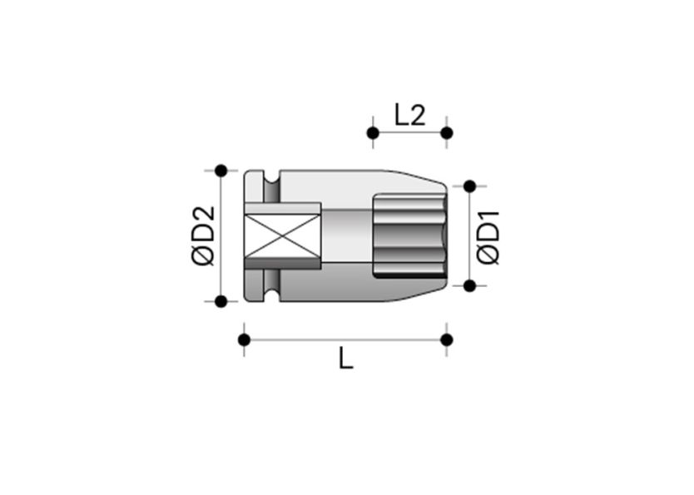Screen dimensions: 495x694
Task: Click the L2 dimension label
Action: click(x=409, y=114)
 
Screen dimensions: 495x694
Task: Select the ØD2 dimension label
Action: click(x=203, y=235)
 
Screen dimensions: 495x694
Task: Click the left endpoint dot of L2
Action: click(x=373, y=133)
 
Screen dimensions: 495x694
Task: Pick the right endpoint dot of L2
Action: click(x=446, y=133)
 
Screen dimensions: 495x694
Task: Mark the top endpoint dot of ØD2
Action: click(x=221, y=171)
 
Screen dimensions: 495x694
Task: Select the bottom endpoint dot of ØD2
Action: click(x=221, y=301)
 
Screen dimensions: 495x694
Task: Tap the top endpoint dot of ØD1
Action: click(x=469, y=186)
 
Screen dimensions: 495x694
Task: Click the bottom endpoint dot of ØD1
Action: click(x=469, y=285)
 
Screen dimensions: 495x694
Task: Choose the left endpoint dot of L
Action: click(x=244, y=339)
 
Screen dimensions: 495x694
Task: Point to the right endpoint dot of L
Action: click(x=446, y=339)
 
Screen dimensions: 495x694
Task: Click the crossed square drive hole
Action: click(x=283, y=235)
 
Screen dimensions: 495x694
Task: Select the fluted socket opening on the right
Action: click(x=409, y=235)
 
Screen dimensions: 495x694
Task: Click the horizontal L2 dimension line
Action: click(x=409, y=133)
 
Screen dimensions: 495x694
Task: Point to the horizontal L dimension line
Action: click(x=345, y=339)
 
